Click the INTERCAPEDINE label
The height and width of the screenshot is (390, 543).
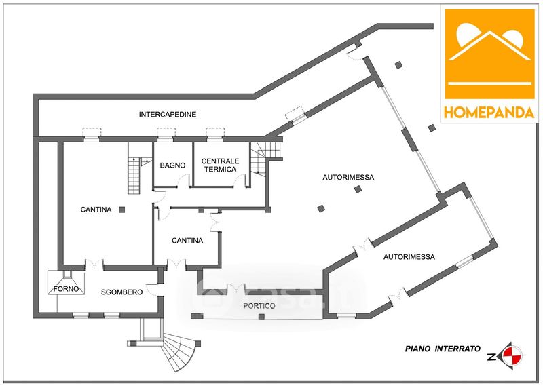(x=168, y=115)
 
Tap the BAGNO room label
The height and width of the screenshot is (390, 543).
(x=172, y=165)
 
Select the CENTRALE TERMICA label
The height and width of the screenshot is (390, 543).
(x=219, y=165)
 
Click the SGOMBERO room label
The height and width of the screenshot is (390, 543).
(x=121, y=292)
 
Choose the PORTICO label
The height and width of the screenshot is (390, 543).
(x=259, y=306)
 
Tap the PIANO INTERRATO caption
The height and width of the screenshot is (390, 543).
(x=443, y=349)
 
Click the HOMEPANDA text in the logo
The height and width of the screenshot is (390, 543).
(x=489, y=113)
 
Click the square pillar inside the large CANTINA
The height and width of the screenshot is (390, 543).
(x=121, y=210)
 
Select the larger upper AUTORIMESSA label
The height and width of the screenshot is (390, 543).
(x=348, y=177)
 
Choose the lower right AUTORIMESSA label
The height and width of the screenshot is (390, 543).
(x=409, y=257)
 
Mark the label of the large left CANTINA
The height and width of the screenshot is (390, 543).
(x=96, y=210)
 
